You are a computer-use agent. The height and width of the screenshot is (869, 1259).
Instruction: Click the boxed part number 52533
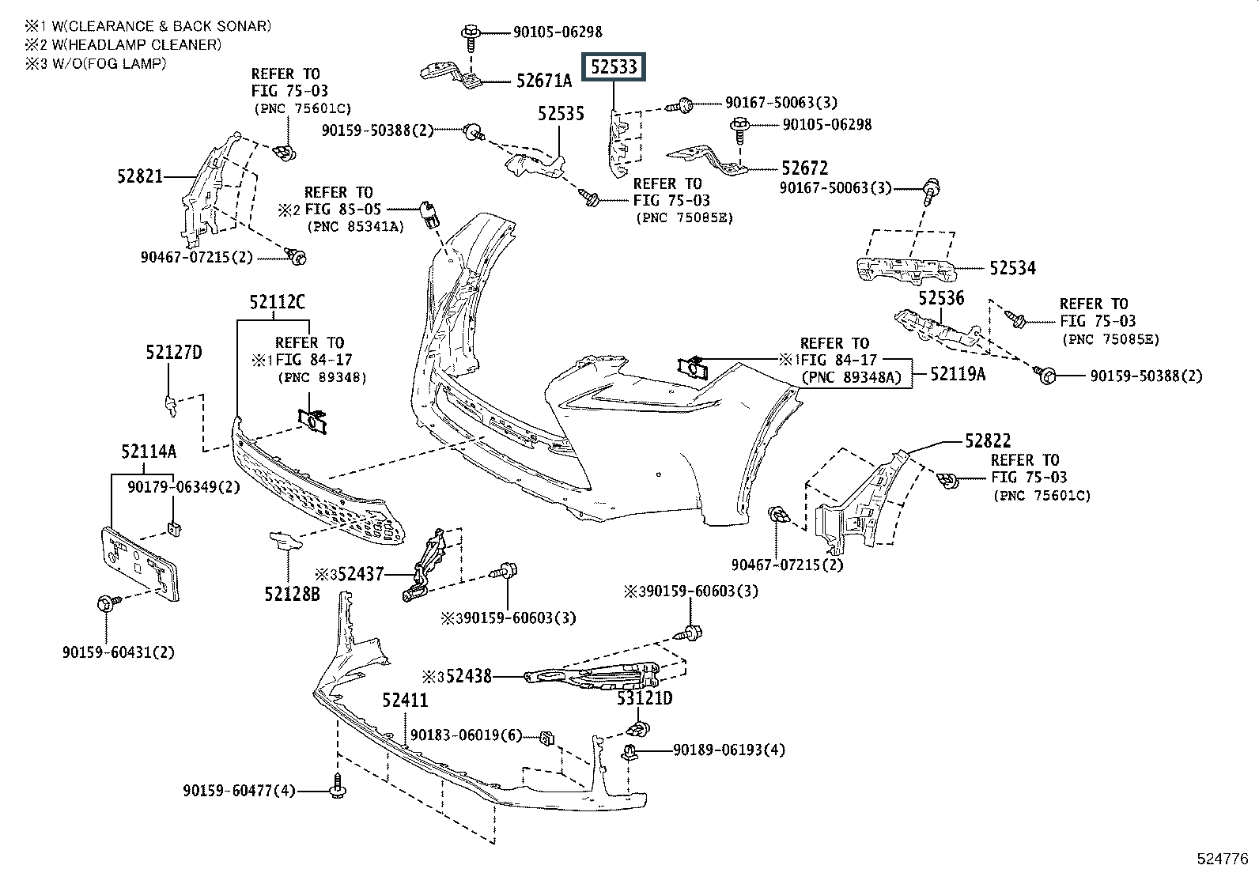point(613,67)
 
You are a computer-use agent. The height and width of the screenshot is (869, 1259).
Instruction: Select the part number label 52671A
point(543,81)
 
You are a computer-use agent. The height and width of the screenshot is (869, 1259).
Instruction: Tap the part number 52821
point(140,176)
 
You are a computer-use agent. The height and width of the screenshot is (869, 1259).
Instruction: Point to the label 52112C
point(277,302)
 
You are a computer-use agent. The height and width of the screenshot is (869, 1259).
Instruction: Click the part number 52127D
point(174,353)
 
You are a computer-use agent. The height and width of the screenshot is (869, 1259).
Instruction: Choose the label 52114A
point(149,451)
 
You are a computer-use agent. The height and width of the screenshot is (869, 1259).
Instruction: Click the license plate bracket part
point(140,564)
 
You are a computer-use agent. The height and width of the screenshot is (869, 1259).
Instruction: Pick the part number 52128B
point(292,594)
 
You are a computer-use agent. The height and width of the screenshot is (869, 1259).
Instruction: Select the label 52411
point(405,700)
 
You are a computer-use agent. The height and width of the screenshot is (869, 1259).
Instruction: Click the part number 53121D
point(645,698)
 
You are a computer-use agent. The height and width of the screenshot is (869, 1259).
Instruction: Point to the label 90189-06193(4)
point(729,750)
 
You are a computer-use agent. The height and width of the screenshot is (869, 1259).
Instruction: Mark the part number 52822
point(988,440)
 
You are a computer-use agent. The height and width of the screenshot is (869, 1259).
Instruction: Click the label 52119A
point(958,374)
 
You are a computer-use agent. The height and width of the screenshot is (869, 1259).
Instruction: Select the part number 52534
point(1012,268)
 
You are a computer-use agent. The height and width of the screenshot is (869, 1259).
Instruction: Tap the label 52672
point(805,168)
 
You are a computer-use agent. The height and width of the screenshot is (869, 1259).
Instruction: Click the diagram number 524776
point(1223,859)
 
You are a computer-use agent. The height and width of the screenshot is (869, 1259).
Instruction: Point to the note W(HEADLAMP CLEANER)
point(137,44)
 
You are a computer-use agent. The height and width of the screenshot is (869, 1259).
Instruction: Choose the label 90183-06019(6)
point(466,735)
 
